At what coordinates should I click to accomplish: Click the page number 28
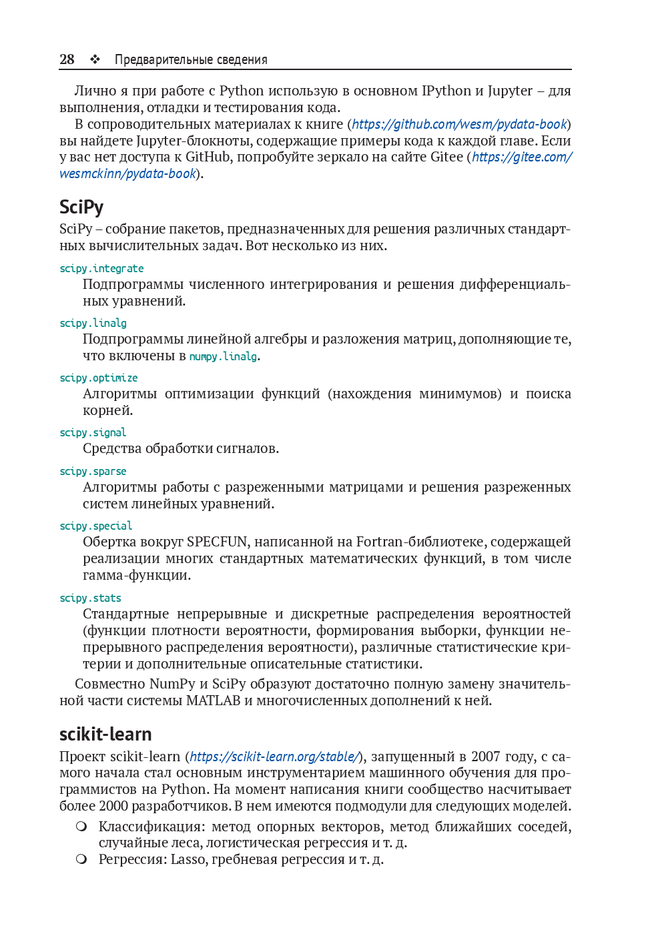point(67,59)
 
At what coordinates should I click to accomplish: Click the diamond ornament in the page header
point(95,59)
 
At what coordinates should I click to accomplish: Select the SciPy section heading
point(81,207)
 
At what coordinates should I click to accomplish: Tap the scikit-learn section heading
point(105,734)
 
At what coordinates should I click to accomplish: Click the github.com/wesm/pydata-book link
point(459,124)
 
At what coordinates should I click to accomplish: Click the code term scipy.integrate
point(101,268)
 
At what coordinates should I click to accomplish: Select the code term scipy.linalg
point(93,323)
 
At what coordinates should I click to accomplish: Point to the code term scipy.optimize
point(98,378)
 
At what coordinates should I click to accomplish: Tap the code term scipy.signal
point(93,432)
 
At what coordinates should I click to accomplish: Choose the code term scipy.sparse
point(93,471)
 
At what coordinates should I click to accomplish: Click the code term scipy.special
point(95,526)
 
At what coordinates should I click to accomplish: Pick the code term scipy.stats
point(90,598)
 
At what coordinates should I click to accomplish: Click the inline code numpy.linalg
point(223,356)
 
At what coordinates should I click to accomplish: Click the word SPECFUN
point(218,542)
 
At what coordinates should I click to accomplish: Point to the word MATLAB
point(213,701)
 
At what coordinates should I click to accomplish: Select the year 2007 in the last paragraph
point(485,757)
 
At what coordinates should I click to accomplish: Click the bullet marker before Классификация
point(81,827)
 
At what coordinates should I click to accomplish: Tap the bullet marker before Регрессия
point(81,859)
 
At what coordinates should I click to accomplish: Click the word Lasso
point(188,859)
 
